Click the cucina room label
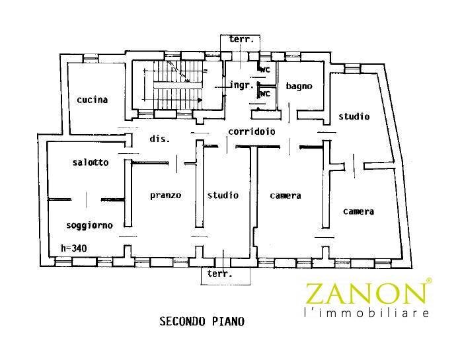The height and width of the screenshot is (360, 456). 92,100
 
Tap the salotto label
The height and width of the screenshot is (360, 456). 91,162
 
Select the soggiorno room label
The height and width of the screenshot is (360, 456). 89,225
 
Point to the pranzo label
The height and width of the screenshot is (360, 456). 165,195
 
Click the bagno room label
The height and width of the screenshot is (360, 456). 299,86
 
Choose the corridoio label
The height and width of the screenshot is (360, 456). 252,131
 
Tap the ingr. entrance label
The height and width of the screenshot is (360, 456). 242,85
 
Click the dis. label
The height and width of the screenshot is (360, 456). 160,139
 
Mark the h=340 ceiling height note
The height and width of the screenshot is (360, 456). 74,248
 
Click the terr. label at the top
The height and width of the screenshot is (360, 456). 241,39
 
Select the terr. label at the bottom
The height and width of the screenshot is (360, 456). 220,273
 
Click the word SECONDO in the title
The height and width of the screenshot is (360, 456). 182,321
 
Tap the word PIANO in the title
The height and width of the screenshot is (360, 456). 228,321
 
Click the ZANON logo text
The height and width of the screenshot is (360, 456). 365,294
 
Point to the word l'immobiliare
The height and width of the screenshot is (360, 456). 366,313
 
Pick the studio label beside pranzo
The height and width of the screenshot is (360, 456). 223,195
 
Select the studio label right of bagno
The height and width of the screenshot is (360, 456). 354,116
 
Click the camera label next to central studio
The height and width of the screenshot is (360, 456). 285,196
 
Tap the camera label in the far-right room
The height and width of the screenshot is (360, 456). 359,211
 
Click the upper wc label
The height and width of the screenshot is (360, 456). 265,70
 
